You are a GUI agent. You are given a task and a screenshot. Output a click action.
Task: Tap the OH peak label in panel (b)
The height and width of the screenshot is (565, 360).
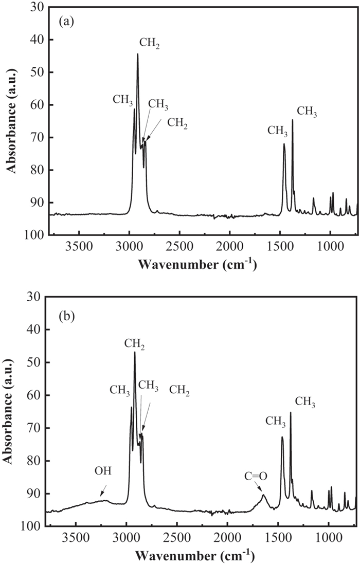point(102,471)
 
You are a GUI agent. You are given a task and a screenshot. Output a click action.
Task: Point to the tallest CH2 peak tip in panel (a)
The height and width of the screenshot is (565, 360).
point(138,54)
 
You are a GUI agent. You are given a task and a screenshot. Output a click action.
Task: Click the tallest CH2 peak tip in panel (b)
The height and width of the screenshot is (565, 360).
point(135,352)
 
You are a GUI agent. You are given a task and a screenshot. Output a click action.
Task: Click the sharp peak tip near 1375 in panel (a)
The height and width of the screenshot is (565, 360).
point(293,120)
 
